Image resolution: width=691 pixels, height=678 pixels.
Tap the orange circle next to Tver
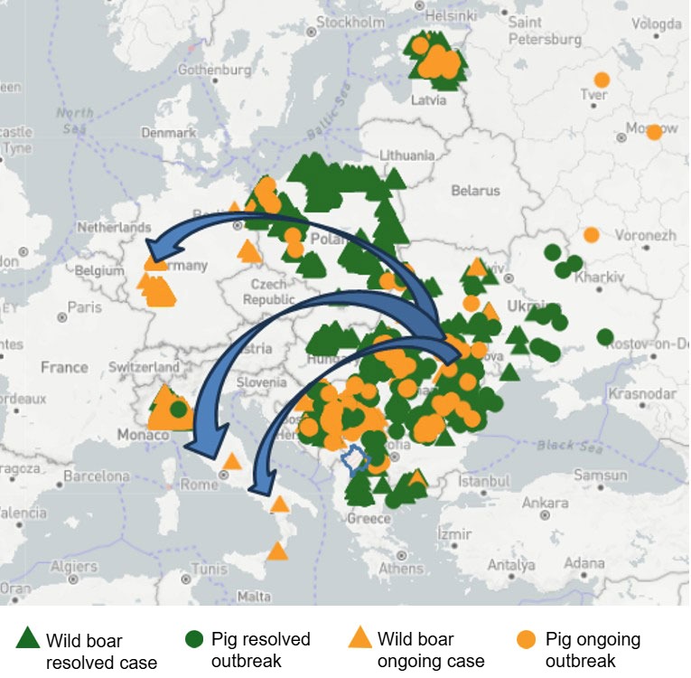pyautogui.click(x=602, y=80)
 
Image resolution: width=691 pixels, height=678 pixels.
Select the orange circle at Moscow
pyautogui.click(x=654, y=132)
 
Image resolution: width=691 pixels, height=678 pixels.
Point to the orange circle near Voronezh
pyautogui.click(x=592, y=234)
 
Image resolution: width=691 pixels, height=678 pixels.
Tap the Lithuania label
pyautogui.click(x=408, y=155)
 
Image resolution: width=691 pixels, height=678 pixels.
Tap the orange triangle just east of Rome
pyautogui.click(x=232, y=461)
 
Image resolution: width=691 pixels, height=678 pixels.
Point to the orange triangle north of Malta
pyautogui.click(x=277, y=550)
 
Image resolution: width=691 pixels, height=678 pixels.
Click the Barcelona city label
pyautogui.click(x=97, y=476)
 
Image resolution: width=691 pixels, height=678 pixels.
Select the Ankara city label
pyautogui.click(x=546, y=503)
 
